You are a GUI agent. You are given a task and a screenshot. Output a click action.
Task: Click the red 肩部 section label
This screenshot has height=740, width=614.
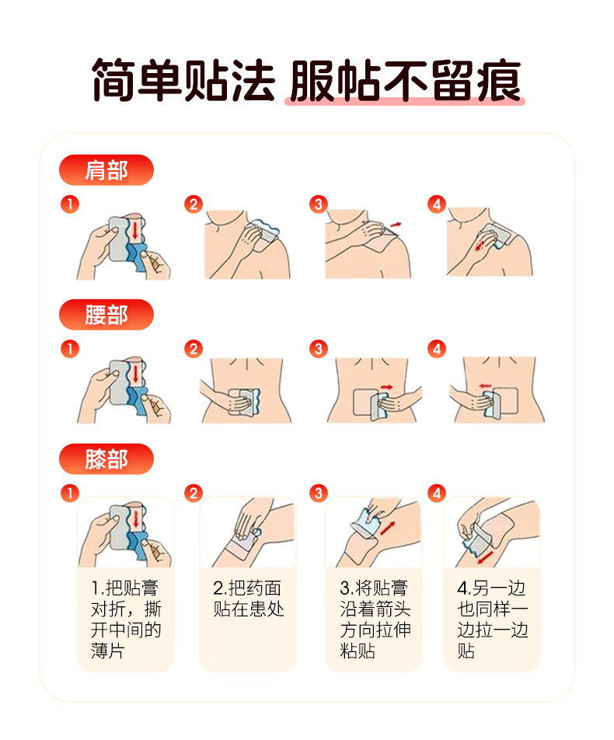click(x=106, y=170)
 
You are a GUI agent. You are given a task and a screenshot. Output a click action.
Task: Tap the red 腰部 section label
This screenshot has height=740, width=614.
click(x=106, y=314)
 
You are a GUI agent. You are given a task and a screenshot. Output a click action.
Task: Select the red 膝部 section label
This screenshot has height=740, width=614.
click(x=106, y=459)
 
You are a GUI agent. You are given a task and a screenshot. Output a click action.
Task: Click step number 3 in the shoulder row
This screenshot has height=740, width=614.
click(x=318, y=204)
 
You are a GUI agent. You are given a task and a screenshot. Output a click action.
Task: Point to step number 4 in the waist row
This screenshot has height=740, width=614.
click(x=437, y=349)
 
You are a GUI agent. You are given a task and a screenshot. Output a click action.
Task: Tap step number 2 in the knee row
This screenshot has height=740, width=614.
click(x=194, y=494)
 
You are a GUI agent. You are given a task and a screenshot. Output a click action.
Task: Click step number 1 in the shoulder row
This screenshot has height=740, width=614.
click(x=70, y=204)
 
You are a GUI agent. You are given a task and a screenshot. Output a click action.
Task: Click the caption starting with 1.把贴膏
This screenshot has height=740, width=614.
click(x=126, y=620)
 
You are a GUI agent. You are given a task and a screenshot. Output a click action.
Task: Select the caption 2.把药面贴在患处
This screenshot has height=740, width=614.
click(x=248, y=599)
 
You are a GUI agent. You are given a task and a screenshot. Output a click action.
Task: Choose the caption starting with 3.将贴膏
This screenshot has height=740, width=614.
click(x=375, y=620)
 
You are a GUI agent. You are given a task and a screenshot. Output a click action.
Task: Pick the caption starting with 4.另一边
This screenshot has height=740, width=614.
click(x=492, y=620)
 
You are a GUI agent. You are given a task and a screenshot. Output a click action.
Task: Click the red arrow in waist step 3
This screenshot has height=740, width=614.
click(x=387, y=387)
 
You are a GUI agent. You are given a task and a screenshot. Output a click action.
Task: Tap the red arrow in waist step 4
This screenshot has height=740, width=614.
click(x=485, y=386)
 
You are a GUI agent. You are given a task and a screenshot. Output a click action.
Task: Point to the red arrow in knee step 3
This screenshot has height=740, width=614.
click(x=388, y=528)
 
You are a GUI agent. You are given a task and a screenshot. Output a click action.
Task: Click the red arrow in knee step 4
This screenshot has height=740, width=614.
click(x=486, y=557)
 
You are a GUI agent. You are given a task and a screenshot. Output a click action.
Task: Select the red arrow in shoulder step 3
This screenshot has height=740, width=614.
click(x=396, y=225)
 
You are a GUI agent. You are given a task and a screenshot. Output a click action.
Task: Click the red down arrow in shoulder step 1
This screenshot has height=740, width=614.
click(x=135, y=229)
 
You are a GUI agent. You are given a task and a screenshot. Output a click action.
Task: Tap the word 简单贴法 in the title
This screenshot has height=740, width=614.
click(x=183, y=81)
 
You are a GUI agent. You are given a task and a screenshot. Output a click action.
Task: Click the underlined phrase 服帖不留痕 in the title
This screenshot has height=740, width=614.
click(x=406, y=81)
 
